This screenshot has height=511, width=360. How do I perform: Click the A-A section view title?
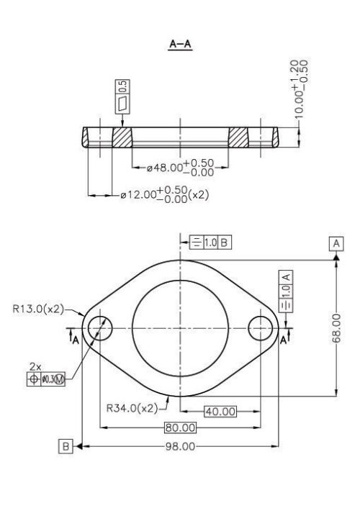pyautogui.click(x=179, y=45)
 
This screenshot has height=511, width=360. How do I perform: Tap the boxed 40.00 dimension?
pyautogui.click(x=220, y=412)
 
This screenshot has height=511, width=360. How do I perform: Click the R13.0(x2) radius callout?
pyautogui.click(x=37, y=309)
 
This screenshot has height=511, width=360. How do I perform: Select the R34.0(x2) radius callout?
pyautogui.click(x=132, y=408)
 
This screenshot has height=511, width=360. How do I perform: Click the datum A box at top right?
pyautogui.click(x=336, y=243)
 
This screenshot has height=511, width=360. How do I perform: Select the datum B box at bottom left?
pyautogui.click(x=66, y=446)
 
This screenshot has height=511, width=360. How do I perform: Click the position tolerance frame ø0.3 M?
pyautogui.click(x=45, y=379)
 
